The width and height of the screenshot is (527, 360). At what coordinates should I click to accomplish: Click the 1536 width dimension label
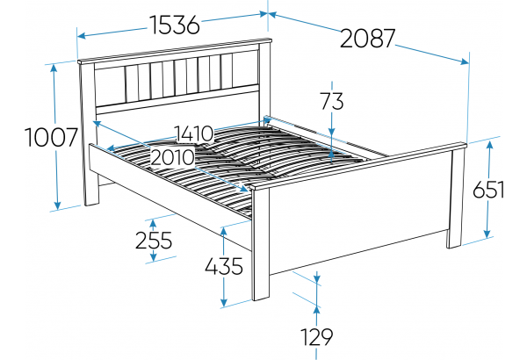pos(175,25)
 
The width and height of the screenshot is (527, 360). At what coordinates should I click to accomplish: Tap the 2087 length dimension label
pos(367,39)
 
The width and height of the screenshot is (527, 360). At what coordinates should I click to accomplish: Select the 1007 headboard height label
pos(52,138)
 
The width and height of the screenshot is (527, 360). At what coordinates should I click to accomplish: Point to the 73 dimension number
pos(332,101)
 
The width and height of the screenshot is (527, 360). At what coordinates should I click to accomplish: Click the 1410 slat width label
pos(194,133)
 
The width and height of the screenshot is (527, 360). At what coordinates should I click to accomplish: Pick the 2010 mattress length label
pos(172,157)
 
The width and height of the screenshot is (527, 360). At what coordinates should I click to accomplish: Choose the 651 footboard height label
pos(488,190)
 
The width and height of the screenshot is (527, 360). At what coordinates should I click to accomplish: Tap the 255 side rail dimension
pos(154,240)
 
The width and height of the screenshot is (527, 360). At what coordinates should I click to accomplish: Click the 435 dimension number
pos(224,266)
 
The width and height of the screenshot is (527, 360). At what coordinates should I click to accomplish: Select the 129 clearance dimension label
pos(316,337)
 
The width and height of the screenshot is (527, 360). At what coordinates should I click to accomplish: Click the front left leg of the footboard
pos(261,244)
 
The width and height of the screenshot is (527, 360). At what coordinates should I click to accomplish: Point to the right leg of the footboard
pos(455,198)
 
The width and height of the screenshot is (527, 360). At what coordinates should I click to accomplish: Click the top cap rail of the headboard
pos(175,51)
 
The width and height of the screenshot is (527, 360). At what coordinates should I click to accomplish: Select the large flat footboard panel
pos(359,210)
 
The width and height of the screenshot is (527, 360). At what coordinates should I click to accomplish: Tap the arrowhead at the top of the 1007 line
pos(54,68)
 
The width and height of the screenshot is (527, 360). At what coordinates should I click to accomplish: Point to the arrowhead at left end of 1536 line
pos(82,36)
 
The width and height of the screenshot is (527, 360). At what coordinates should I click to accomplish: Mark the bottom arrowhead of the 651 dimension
pos(487,234)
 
